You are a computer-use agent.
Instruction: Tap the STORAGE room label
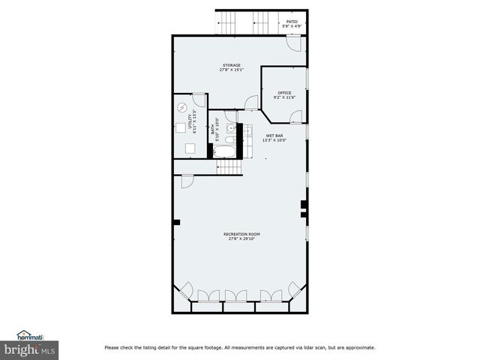click(x=230, y=67)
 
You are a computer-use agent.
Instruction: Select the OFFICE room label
click(x=285, y=95)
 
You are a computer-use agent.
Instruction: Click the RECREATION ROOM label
click(x=241, y=236)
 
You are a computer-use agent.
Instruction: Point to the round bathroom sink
click(x=229, y=128)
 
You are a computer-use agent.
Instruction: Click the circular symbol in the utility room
click(x=182, y=107)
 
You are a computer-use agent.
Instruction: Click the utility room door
click(x=198, y=100)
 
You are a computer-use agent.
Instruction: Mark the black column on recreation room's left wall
click(x=177, y=221)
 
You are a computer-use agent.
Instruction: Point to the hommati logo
click(x=31, y=335)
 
